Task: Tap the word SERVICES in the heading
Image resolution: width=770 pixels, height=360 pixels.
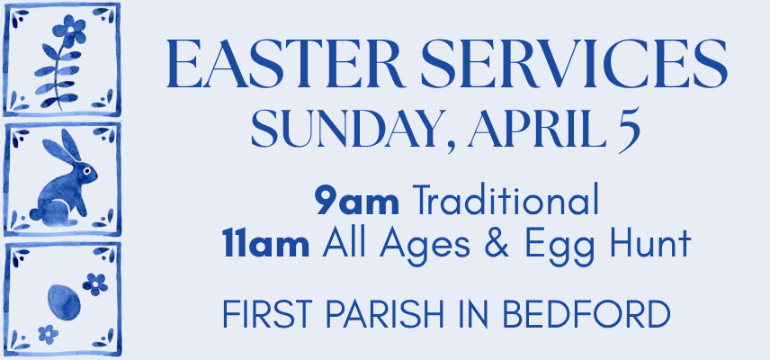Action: pos(574,64)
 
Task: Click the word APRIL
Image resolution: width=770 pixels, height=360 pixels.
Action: pos(537,130)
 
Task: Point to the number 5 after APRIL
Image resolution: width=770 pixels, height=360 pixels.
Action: pos(628,131)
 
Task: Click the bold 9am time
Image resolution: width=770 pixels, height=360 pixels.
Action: pos(357,201)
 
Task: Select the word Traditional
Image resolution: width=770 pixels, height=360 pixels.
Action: pos(506,200)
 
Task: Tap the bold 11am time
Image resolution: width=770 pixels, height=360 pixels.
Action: pos(266,244)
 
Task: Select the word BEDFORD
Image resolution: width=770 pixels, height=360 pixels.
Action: pos(586,313)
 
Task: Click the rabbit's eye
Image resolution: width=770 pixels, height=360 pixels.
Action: pos(86,171)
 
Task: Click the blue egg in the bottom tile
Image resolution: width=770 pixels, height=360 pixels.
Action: pos(64,302)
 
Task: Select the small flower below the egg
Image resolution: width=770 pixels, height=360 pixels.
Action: pos(49,334)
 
